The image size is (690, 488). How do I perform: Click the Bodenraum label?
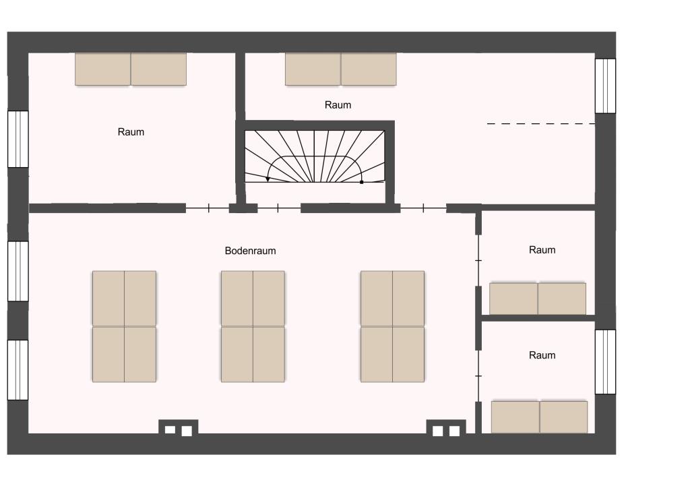point(251,251)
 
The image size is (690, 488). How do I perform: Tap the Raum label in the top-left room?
point(131,132)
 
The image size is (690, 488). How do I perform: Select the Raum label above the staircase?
point(338,104)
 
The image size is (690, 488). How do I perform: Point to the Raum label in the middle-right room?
point(542,250)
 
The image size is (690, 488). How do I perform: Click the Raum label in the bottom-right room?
point(542,355)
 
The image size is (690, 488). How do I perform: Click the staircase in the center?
point(315,156)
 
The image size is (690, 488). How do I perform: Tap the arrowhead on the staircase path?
point(268,179)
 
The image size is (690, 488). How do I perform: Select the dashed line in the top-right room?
point(541,123)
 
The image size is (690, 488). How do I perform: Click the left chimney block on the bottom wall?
point(178,427)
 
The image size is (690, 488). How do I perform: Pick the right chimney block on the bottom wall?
point(446,427)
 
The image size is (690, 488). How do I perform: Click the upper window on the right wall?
point(606,86)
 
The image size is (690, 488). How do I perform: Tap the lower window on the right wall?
point(606,362)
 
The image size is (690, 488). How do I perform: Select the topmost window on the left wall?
point(18,139)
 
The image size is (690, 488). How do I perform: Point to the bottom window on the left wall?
point(18,370)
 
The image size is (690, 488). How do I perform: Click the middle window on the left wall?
point(18,271)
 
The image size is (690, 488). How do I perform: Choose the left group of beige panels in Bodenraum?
point(124,326)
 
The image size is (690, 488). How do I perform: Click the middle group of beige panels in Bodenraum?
point(253,326)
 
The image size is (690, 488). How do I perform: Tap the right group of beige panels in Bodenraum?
point(393,326)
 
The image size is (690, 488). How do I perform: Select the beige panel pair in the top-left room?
point(131,69)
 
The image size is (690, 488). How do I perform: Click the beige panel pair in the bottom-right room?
point(540,417)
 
